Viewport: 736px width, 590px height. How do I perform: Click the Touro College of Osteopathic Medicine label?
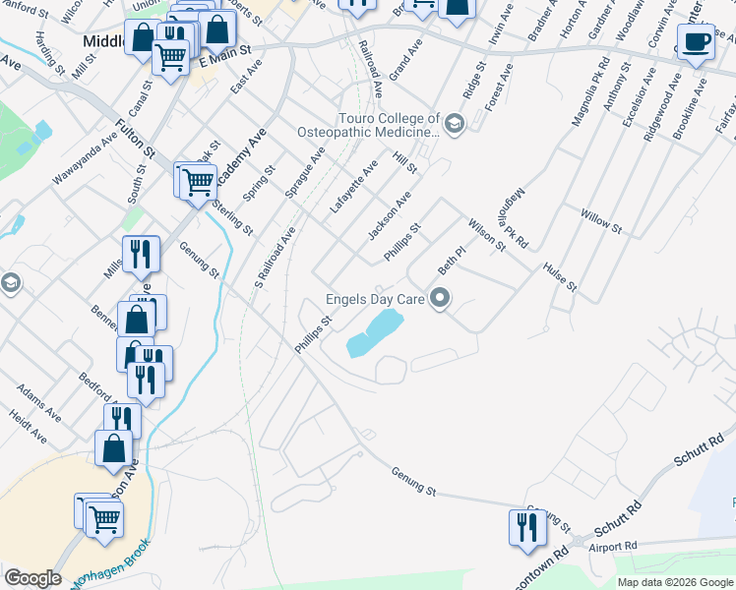[x=370, y=124]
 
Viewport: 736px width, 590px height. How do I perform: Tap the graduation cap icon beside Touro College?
[x=454, y=124]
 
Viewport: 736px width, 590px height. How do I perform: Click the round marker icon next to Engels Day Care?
[x=440, y=297]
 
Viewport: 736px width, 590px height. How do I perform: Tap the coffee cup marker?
[x=696, y=43]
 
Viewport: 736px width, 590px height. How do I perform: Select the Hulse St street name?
[x=559, y=279]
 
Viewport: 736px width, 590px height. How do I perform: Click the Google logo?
[x=32, y=578]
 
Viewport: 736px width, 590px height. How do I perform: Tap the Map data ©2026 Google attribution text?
[x=674, y=582]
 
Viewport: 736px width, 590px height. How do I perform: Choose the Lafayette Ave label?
[x=354, y=187]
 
